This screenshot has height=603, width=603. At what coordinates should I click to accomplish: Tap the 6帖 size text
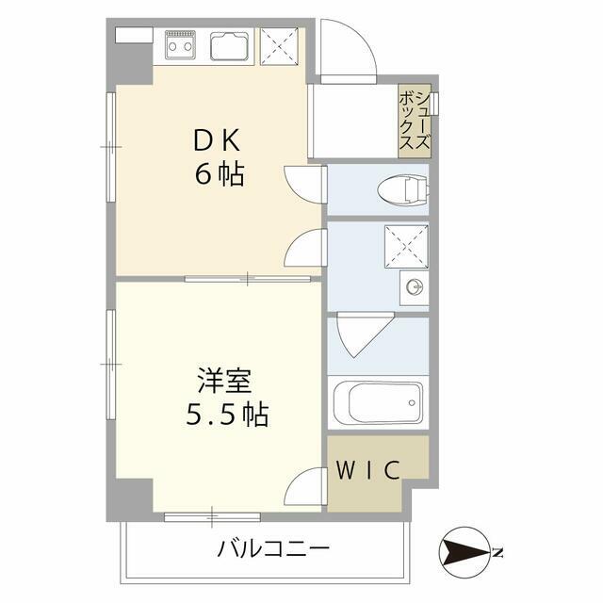click(x=219, y=174)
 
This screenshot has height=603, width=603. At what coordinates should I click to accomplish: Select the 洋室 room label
click(x=223, y=381)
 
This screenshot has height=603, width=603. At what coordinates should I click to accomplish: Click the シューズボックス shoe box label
click(x=415, y=121)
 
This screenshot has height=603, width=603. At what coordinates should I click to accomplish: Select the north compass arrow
click(x=465, y=552)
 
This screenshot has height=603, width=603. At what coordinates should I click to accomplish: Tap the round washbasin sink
click(x=412, y=285)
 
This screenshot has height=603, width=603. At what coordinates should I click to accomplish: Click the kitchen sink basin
click(x=230, y=43)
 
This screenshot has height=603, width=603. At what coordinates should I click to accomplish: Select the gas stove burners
click(x=182, y=43)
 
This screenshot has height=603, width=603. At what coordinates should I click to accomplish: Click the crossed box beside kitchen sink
click(x=279, y=45)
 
